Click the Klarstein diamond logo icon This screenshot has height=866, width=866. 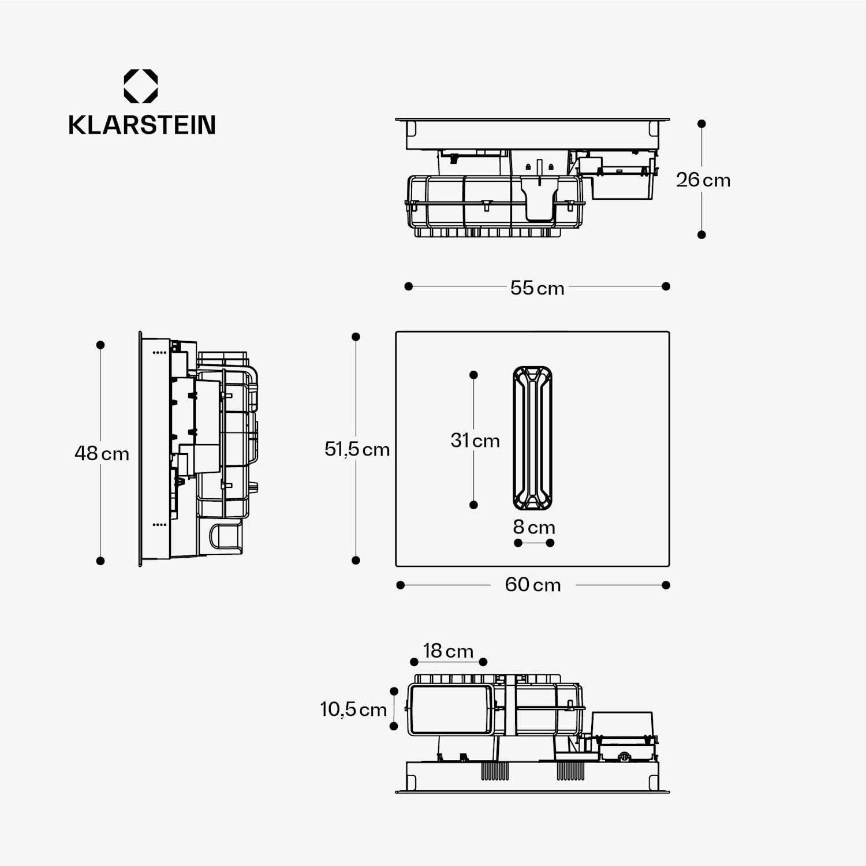tap(141, 86)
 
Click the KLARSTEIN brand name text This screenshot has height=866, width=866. tap(141, 125)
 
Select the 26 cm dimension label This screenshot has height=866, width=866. tap(703, 180)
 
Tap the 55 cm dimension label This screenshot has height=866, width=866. tap(537, 288)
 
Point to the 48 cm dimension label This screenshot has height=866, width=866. tap(102, 453)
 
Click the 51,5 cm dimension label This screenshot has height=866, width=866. tap(357, 449)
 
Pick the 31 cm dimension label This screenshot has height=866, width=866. tap(475, 441)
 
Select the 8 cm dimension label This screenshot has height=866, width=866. tap(533, 527)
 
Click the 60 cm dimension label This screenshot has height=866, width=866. tap(532, 585)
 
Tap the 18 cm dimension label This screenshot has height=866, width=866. tap(448, 651)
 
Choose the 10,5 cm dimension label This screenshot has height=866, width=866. tap(353, 709)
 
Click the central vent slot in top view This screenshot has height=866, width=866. tap(532, 438)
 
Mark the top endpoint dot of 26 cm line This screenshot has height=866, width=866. tap(701, 124)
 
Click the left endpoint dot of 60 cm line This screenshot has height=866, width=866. tap(401, 585)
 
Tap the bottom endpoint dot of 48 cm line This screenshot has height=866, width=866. tap(100, 561)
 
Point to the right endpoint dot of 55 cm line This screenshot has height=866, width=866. tap(666, 286)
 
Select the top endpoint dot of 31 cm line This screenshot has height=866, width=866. tap(473, 375)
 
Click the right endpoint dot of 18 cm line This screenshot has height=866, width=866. tap(483, 662)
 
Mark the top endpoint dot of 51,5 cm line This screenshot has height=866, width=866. tap(356, 337)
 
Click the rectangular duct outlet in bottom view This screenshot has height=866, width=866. tap(451, 710)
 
